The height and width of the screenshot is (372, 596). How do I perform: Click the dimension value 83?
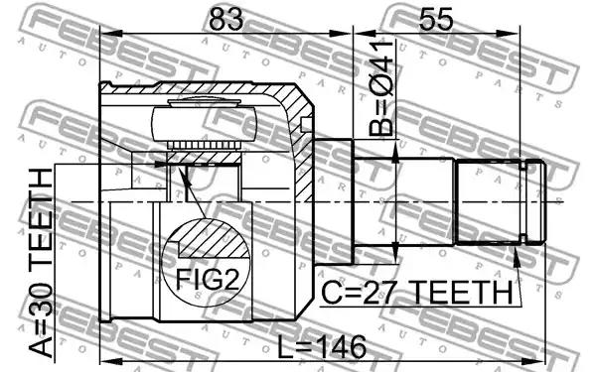(225, 19)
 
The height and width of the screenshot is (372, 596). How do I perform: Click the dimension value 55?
(436, 19)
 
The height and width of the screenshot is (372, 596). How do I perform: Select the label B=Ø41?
(380, 88)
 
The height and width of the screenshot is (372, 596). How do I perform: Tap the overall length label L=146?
(322, 346)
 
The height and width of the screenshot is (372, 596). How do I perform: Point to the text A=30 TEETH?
(41, 263)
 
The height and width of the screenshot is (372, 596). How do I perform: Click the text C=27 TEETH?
(417, 293)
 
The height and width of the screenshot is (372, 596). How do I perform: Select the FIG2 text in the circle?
(208, 280)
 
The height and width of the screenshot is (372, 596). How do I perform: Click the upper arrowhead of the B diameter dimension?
(395, 156)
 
